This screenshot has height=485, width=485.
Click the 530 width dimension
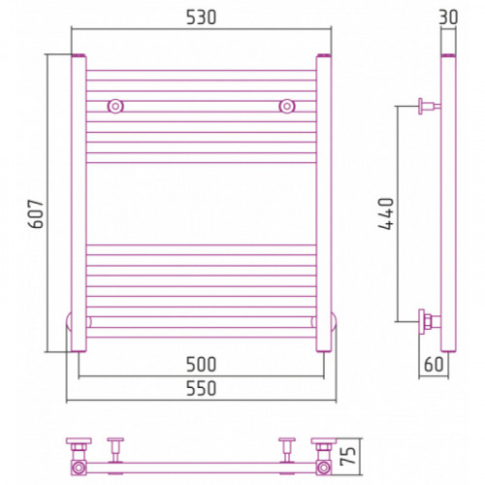click(201, 17)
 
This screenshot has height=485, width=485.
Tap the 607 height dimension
click(36, 214)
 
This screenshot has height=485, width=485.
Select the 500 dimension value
click(201, 365)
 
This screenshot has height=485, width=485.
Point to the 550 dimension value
click(201, 388)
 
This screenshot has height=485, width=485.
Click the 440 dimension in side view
click(386, 213)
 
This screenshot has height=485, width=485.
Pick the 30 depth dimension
click(448, 17)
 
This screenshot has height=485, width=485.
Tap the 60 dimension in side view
click(434, 365)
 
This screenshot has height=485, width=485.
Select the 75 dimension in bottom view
click(348, 456)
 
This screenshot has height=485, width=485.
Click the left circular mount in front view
click(115, 106)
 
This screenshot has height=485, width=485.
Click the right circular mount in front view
click(287, 106)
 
